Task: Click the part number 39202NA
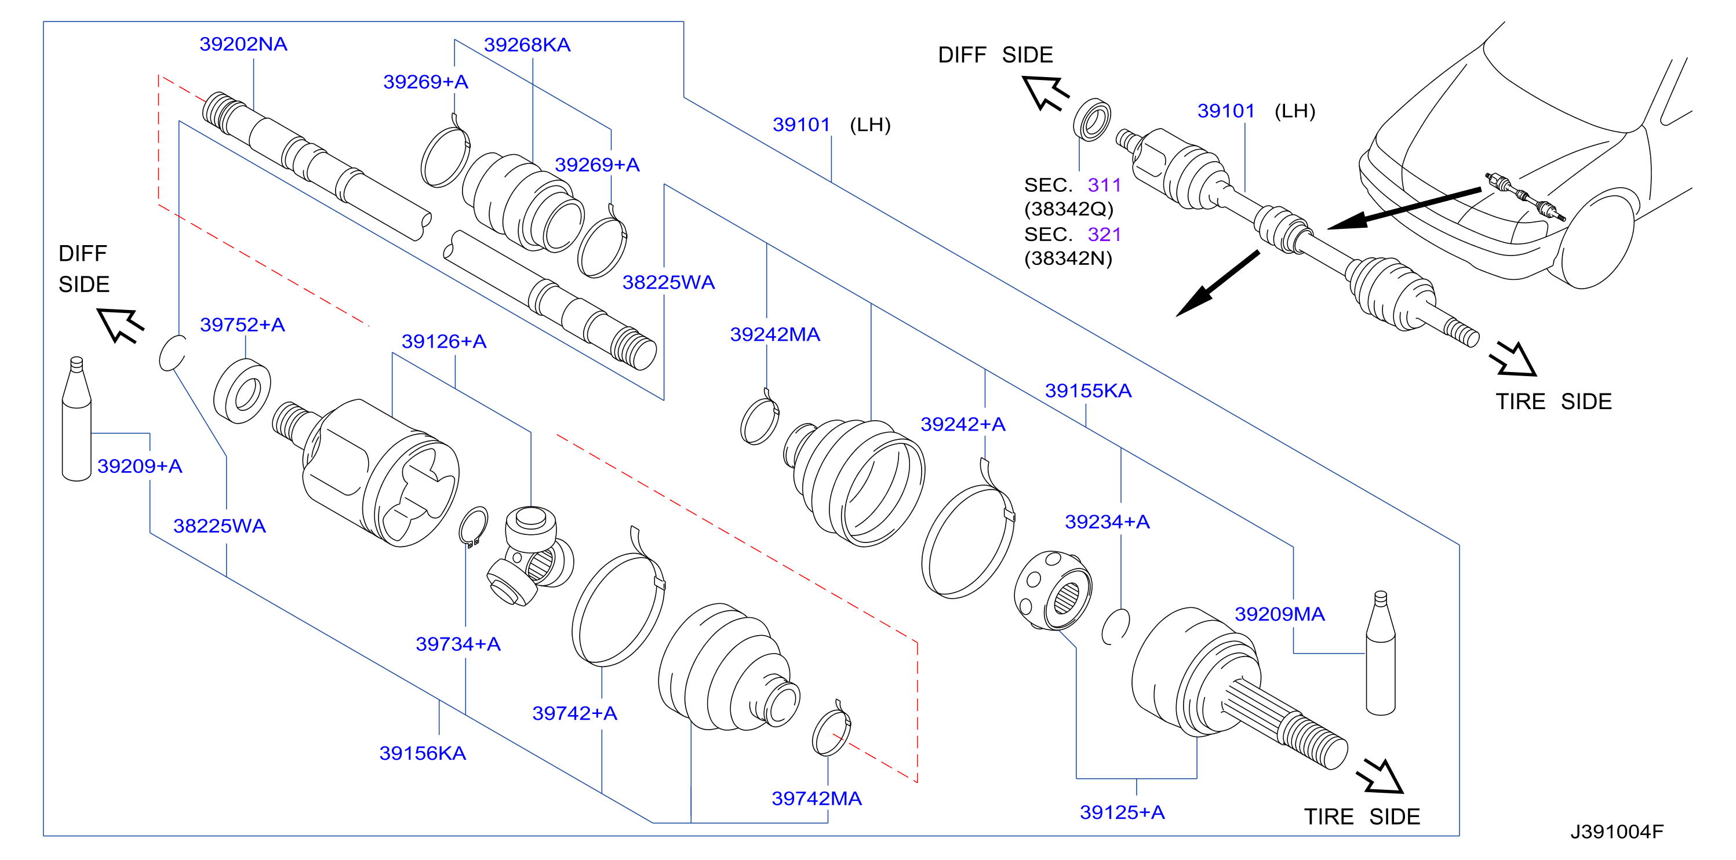[243, 45]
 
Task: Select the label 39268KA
[527, 45]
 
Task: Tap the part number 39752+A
[243, 325]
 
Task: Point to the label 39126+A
[444, 342]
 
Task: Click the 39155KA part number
[1089, 391]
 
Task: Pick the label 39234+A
[1107, 522]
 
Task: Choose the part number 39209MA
[1280, 614]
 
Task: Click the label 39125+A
[1122, 812]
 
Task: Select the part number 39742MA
[817, 799]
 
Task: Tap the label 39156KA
[423, 753]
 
